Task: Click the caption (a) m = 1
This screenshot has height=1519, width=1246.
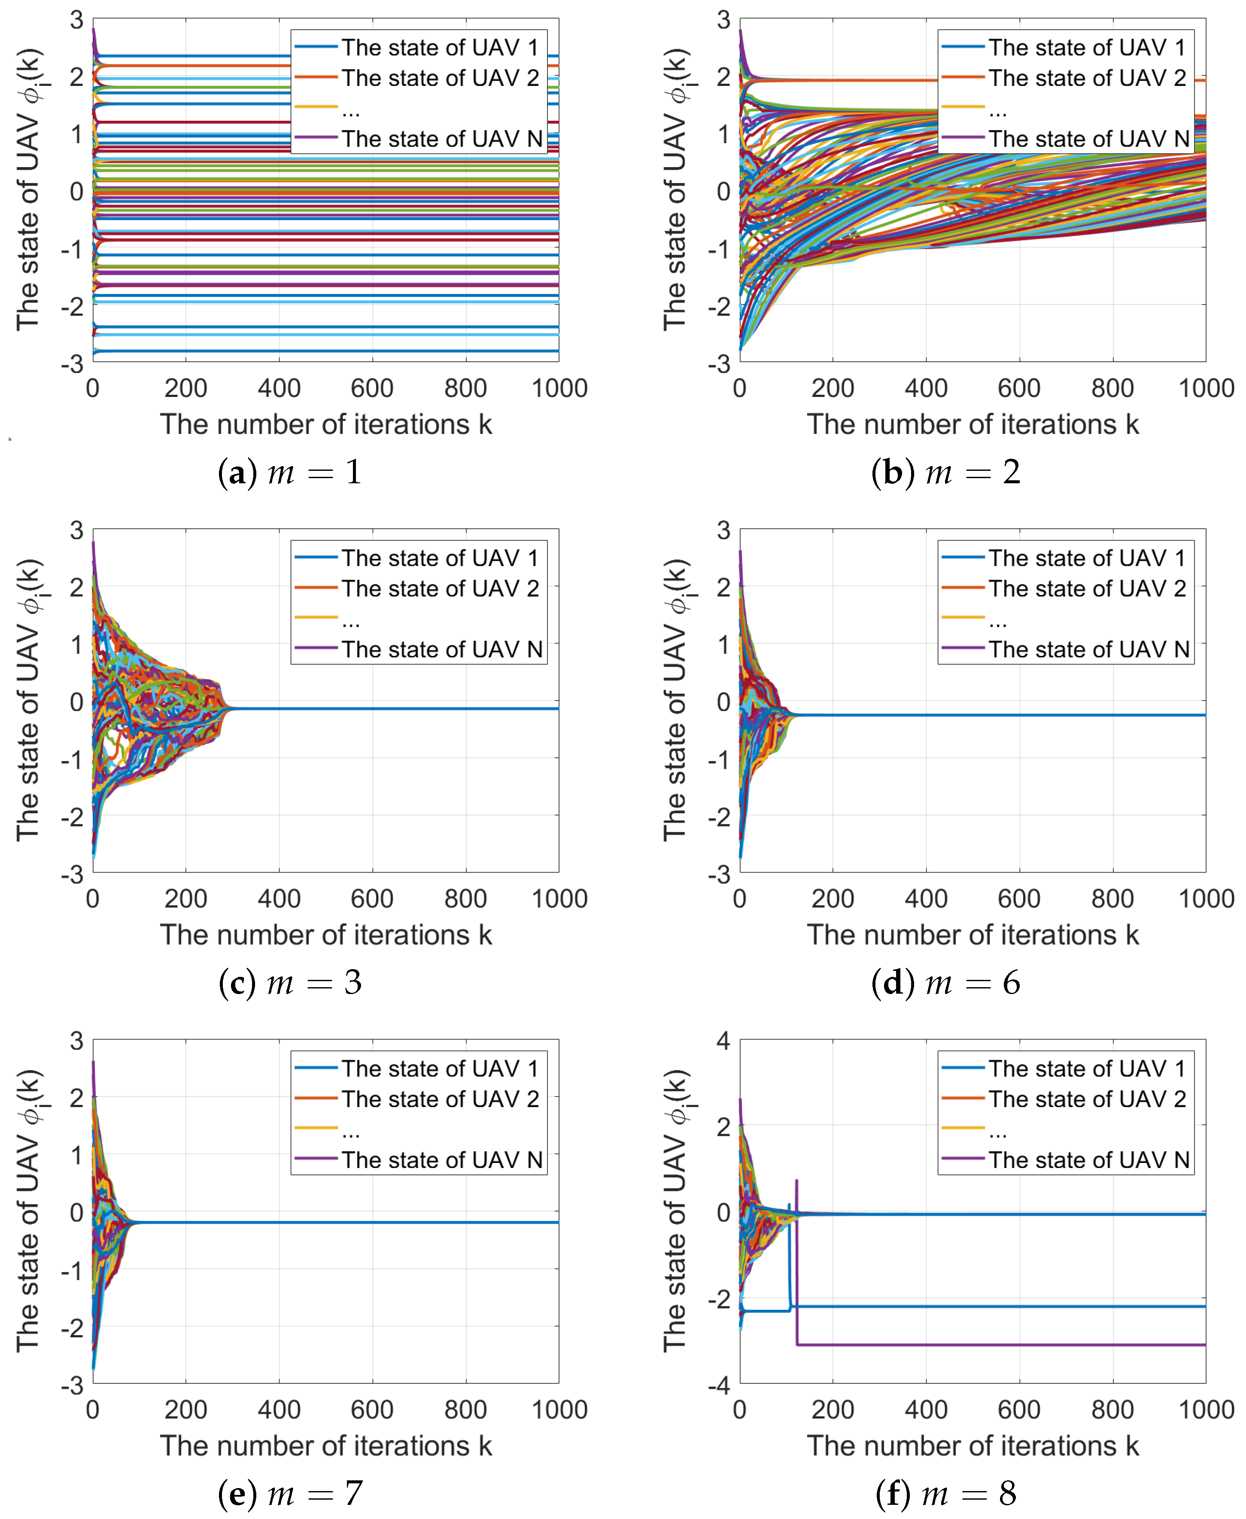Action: coord(289,473)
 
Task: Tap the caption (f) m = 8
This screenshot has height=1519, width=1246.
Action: coord(946,1494)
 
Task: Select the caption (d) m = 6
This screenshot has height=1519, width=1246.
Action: coord(946,982)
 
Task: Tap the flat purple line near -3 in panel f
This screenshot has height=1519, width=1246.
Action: coord(1005,1345)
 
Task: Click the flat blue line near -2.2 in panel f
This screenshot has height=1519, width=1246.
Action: coord(1005,1306)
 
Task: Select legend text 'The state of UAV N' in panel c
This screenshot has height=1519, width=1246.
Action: coord(441,649)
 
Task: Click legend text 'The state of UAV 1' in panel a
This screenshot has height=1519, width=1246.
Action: coord(439,47)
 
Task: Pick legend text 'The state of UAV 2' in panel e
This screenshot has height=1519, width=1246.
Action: coord(439,1099)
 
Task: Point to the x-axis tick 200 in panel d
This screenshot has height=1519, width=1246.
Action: coord(833,899)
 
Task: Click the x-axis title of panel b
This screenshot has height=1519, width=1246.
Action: coord(972,424)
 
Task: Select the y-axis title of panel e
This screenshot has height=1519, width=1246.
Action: coord(29,1210)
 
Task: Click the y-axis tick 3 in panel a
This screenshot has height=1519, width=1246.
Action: coord(76,20)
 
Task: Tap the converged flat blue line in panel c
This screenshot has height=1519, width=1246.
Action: coord(395,709)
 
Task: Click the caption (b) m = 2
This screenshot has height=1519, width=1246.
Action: coord(946,473)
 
